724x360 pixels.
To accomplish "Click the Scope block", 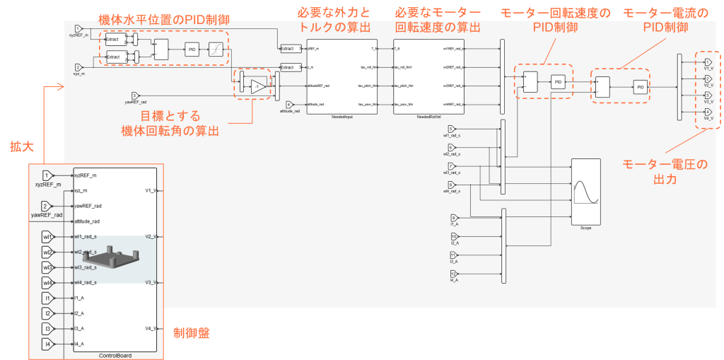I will [585, 191].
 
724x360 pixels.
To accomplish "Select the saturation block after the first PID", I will [218, 49].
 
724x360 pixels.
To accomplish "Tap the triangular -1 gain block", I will [257, 86].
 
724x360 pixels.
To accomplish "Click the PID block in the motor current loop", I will [640, 87].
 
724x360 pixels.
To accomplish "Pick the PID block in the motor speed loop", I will [559, 82].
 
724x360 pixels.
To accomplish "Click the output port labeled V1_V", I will [708, 62].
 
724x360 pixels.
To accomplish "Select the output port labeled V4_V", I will [708, 112].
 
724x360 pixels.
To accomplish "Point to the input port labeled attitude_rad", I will [289, 104].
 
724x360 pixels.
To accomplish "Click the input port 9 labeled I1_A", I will [455, 218].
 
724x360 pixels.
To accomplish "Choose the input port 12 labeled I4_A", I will [455, 273].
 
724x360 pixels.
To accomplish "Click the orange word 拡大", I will [16, 147].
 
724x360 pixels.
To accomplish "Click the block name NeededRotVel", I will [429, 117].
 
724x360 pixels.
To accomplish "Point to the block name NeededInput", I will [341, 117].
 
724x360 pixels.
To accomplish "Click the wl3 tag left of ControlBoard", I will [47, 267].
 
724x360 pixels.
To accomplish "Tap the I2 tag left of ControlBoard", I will [47, 313].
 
